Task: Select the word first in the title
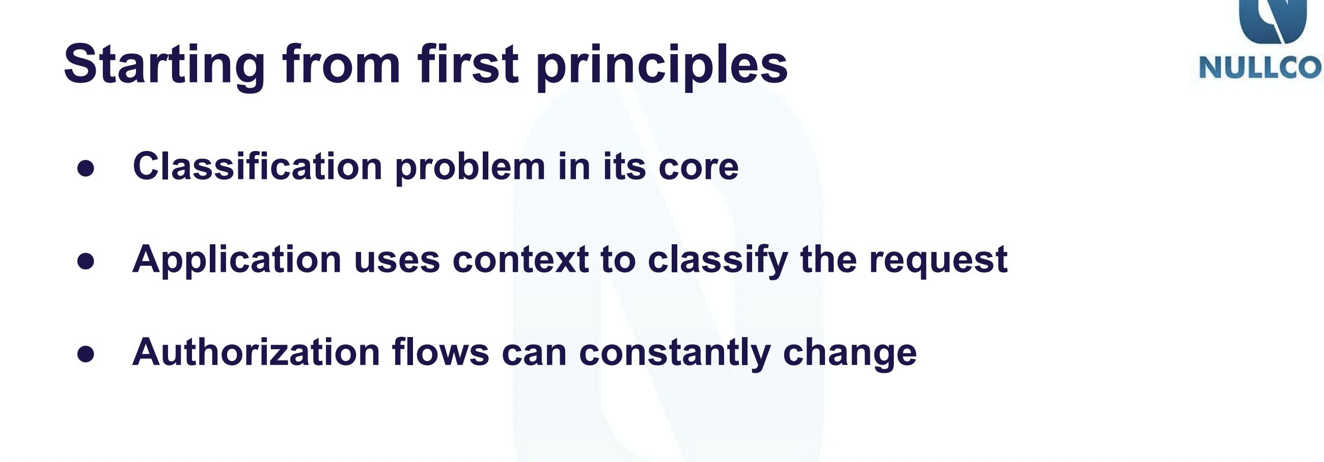[x=467, y=64]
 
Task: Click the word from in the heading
[x=341, y=64]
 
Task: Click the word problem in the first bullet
[x=471, y=169]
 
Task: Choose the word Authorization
[x=256, y=353]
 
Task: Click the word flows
[x=440, y=353]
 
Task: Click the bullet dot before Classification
[x=86, y=168]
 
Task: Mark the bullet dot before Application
[x=86, y=261]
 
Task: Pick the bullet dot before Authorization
[x=86, y=354]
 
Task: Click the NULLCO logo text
[x=1261, y=68]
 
